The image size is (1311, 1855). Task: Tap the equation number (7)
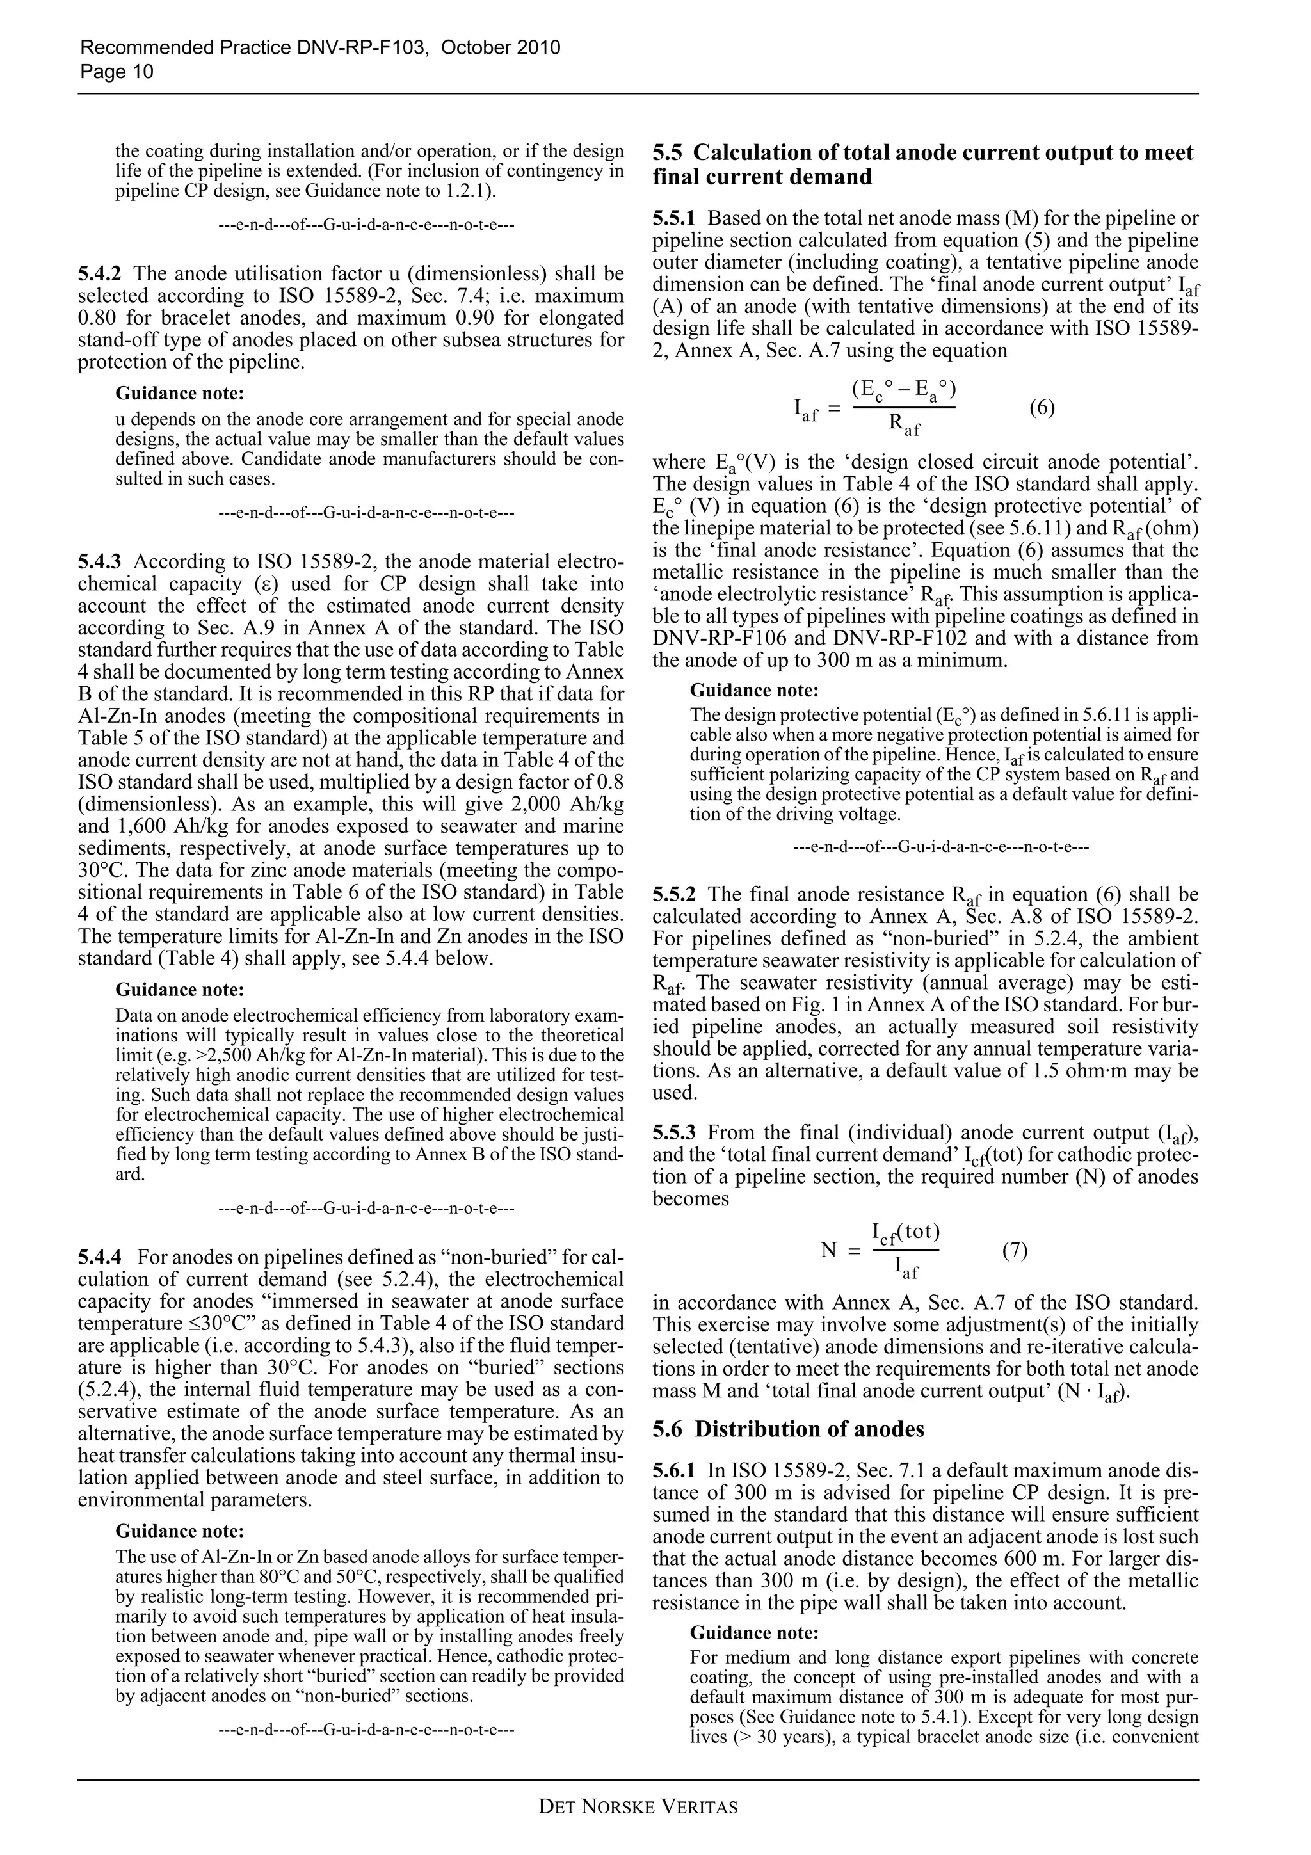point(1015,1251)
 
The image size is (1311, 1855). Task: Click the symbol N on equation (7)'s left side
point(829,1251)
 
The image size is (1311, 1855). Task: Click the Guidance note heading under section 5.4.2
point(179,394)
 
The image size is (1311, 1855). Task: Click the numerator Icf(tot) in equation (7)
point(906,1233)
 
